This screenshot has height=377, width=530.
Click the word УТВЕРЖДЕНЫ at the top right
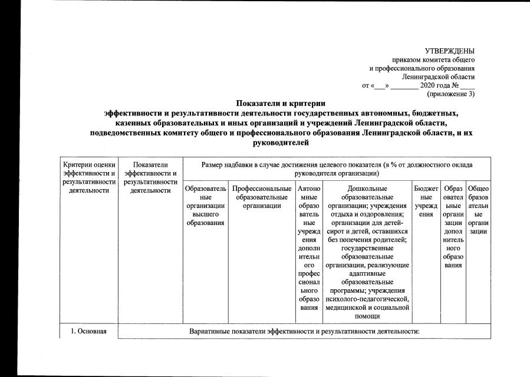[x=450, y=52]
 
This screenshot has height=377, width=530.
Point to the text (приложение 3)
[x=450, y=94]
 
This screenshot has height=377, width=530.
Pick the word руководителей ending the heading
[x=281, y=142]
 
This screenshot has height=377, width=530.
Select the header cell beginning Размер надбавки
[x=337, y=169]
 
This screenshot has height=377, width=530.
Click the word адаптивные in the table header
[x=367, y=274]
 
